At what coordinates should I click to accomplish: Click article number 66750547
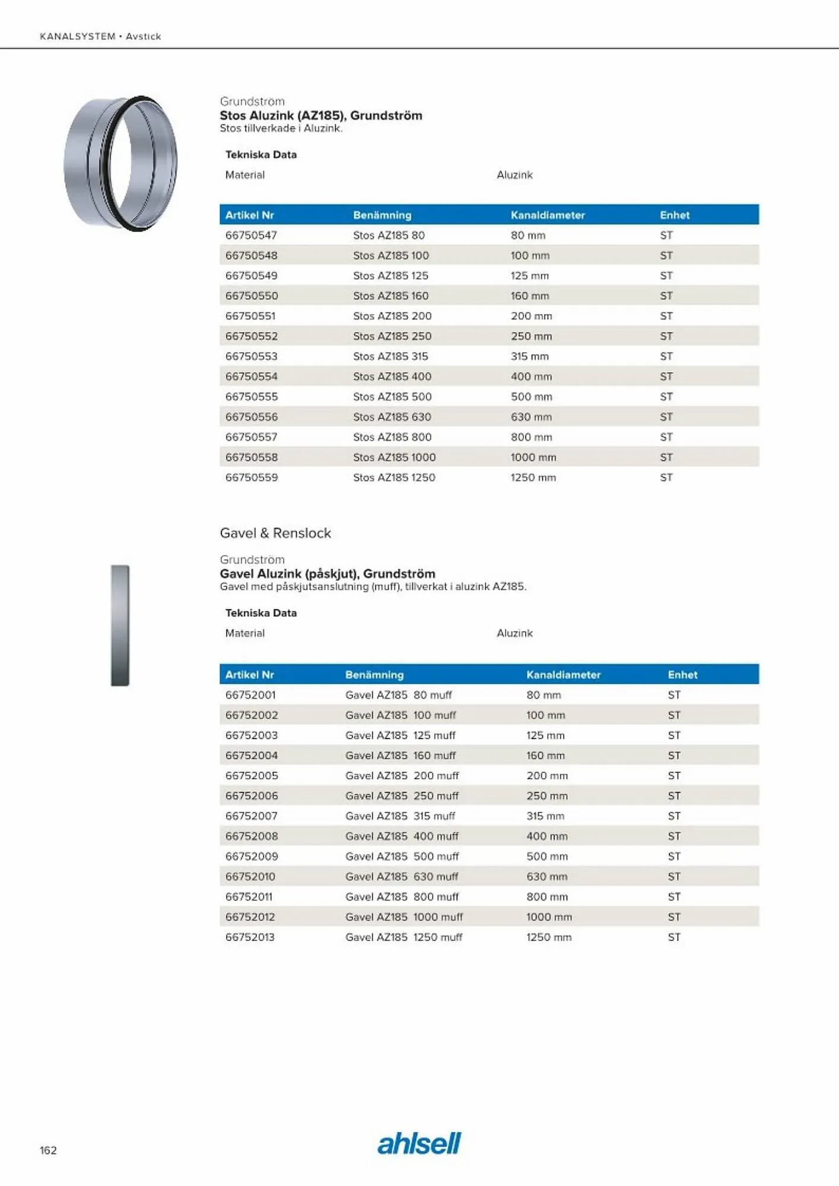[x=251, y=235]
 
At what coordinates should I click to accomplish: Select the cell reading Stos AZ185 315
[x=390, y=356]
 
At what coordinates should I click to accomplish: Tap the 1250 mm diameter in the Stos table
[x=533, y=477]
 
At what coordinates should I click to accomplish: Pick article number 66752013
[x=250, y=937]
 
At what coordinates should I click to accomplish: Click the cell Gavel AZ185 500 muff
[x=402, y=856]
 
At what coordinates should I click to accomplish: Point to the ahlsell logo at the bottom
[x=419, y=1143]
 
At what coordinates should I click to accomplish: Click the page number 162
[x=48, y=1150]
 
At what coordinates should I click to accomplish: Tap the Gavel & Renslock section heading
[x=275, y=533]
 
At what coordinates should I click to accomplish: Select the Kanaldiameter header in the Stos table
[x=548, y=215]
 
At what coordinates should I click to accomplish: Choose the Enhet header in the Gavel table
[x=682, y=675]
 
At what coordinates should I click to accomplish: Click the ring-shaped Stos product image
[x=121, y=163]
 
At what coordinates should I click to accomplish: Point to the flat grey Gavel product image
[x=120, y=626]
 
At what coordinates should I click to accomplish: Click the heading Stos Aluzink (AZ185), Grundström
[x=321, y=116]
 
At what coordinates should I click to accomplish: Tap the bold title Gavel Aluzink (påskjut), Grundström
[x=328, y=573]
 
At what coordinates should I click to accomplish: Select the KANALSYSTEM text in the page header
[x=78, y=36]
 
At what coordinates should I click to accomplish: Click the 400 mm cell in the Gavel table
[x=546, y=836]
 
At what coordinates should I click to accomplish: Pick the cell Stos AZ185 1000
[x=394, y=457]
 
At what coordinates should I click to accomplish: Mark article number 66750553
[x=251, y=356]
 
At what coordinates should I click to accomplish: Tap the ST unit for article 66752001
[x=674, y=695]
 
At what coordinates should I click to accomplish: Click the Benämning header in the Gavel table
[x=374, y=675]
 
